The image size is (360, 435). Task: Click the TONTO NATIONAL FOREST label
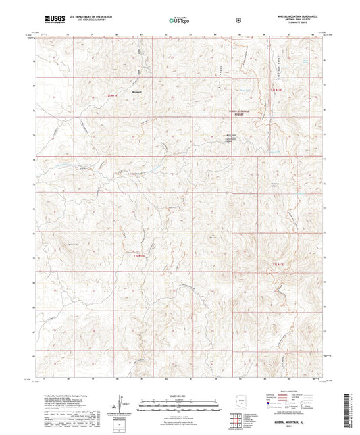[x=229, y=114]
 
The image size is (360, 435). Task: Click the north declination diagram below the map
[x=123, y=403]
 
